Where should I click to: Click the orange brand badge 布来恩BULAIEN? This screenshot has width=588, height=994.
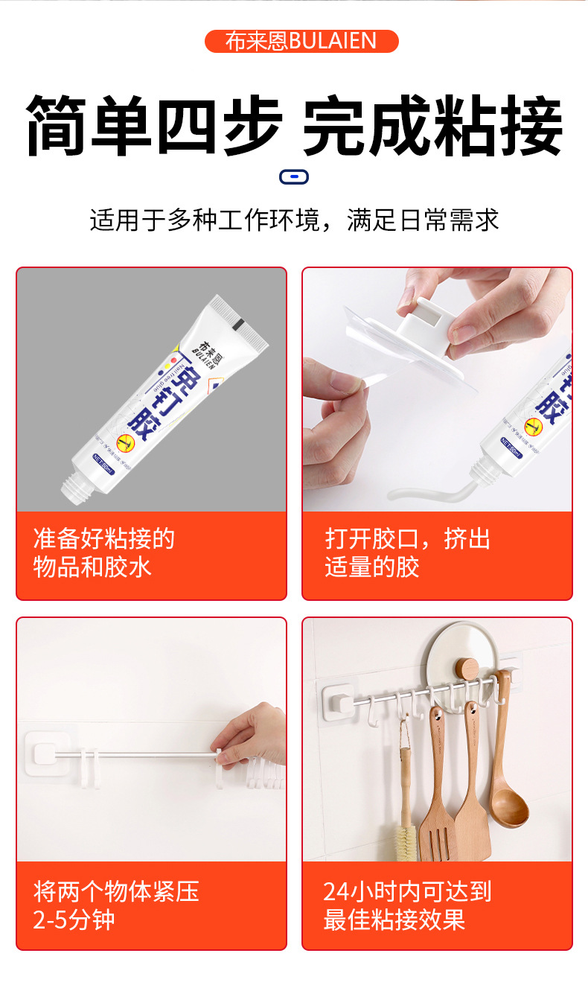pos(301,41)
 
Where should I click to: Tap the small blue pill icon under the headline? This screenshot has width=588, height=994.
pos(294,176)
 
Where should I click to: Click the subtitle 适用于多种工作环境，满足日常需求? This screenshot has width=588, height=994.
pos(294,220)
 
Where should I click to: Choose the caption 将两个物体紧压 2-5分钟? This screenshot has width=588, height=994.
pos(115,905)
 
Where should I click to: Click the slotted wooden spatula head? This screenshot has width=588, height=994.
pos(438,826)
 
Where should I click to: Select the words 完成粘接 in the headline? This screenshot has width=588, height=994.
pos(432,126)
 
